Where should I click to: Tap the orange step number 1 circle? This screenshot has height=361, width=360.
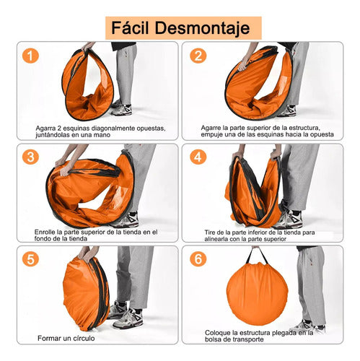(30, 56)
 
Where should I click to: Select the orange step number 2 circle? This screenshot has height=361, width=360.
(196, 56)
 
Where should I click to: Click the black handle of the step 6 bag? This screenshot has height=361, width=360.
(257, 254)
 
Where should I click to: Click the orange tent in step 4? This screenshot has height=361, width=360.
(253, 191)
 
